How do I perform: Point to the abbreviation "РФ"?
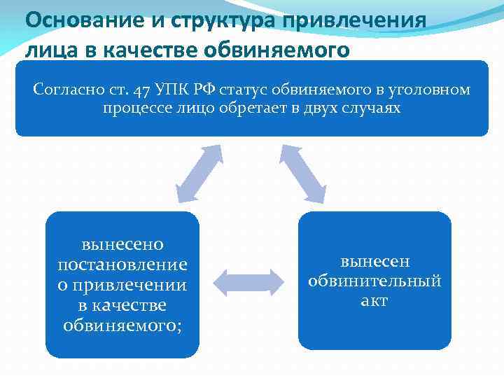point(202,90)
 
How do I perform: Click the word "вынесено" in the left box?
point(122,244)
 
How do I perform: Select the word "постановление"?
point(122,265)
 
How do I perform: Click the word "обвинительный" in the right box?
point(374,281)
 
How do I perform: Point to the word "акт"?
point(374,301)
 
